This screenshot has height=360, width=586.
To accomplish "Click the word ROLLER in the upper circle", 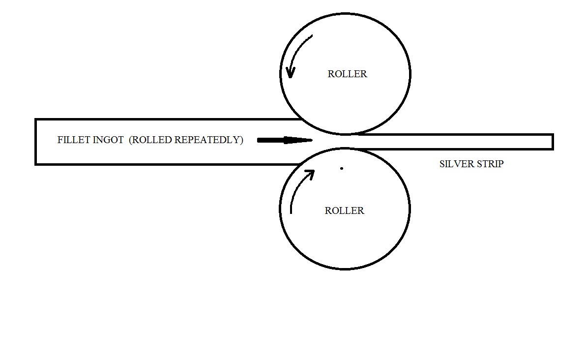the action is point(347,74).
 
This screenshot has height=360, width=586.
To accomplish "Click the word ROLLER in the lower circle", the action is point(344,211).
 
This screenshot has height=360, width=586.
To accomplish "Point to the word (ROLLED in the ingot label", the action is point(150,140).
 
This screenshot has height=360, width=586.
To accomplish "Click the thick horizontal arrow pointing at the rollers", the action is point(285,140).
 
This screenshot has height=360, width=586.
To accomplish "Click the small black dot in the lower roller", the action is point(342,169).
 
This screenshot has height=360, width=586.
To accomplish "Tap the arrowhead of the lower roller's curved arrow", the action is point(310,174).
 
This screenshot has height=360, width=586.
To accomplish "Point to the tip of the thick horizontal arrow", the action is point(313,140).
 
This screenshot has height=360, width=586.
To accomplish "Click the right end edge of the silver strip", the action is point(553,142).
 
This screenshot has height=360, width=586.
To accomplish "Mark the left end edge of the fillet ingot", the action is point(35,142).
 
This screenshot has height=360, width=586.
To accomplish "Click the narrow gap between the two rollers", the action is point(345,141).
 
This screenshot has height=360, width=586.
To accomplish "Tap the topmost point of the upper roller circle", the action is point(345,14).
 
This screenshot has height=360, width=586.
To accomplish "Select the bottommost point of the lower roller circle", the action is point(345,269).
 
